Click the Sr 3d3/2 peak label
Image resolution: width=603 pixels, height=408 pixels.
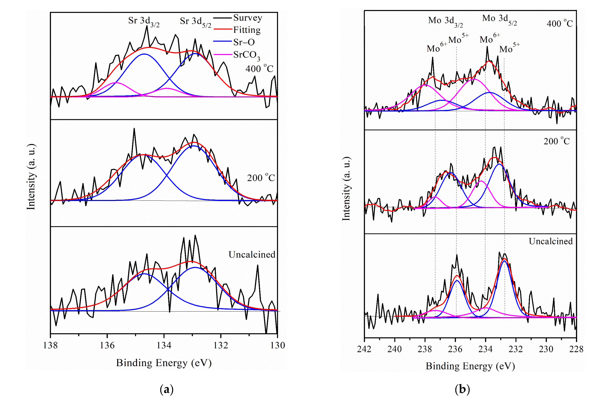144,21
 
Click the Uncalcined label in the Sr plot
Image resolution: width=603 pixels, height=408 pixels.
252,255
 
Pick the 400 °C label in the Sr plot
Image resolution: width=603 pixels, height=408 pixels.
259,69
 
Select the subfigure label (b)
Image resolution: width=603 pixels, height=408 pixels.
462,390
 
